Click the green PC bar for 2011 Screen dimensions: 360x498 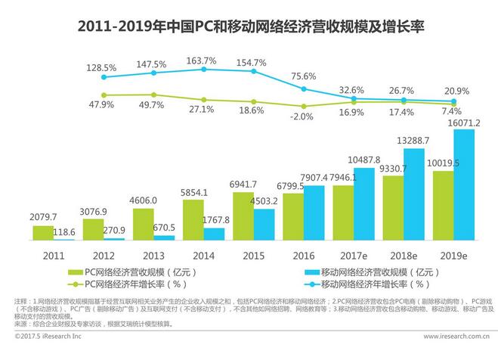(43, 232)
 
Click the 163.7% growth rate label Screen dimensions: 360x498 (202, 61)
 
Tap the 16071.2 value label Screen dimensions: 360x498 (464, 123)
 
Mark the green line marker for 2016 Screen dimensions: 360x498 (304, 107)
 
